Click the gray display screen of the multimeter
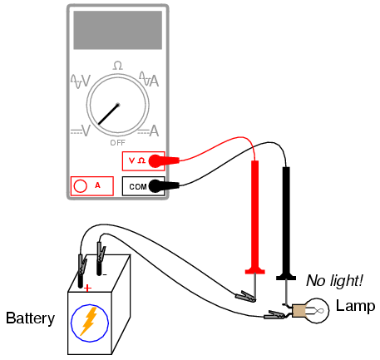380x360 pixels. (118, 30)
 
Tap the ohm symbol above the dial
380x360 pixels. (118, 66)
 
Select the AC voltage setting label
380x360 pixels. (81, 81)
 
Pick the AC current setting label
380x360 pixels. (149, 79)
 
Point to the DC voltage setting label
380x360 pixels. (81, 131)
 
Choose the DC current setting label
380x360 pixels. (148, 131)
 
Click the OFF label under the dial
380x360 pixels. (118, 143)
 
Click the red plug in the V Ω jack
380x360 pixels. (164, 161)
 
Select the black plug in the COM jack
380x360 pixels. (164, 186)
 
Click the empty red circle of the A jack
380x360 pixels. (80, 186)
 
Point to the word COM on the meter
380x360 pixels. (138, 187)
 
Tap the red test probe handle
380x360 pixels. (255, 217)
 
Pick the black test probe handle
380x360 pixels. (286, 223)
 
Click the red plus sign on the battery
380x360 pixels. (87, 288)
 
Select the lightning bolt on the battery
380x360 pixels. (89, 321)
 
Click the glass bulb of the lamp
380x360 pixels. (318, 310)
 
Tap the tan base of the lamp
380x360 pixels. (299, 311)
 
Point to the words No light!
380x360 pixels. (334, 281)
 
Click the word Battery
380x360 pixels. (30, 318)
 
